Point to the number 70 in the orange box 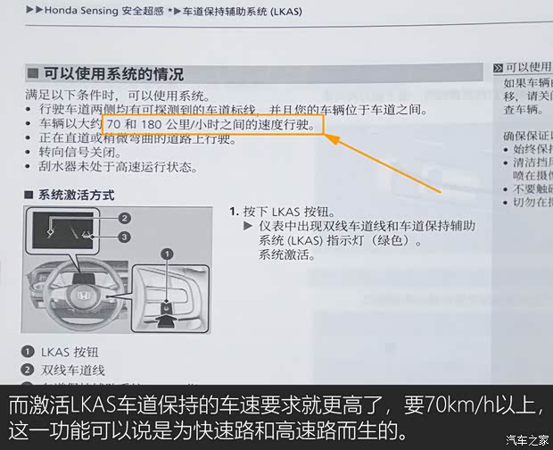(114, 124)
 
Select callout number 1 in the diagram (165, 254)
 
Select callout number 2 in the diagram (125, 218)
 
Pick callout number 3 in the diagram (125, 237)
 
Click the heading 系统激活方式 (74, 194)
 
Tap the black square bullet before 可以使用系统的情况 (32, 74)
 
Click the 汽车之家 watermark (526, 438)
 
